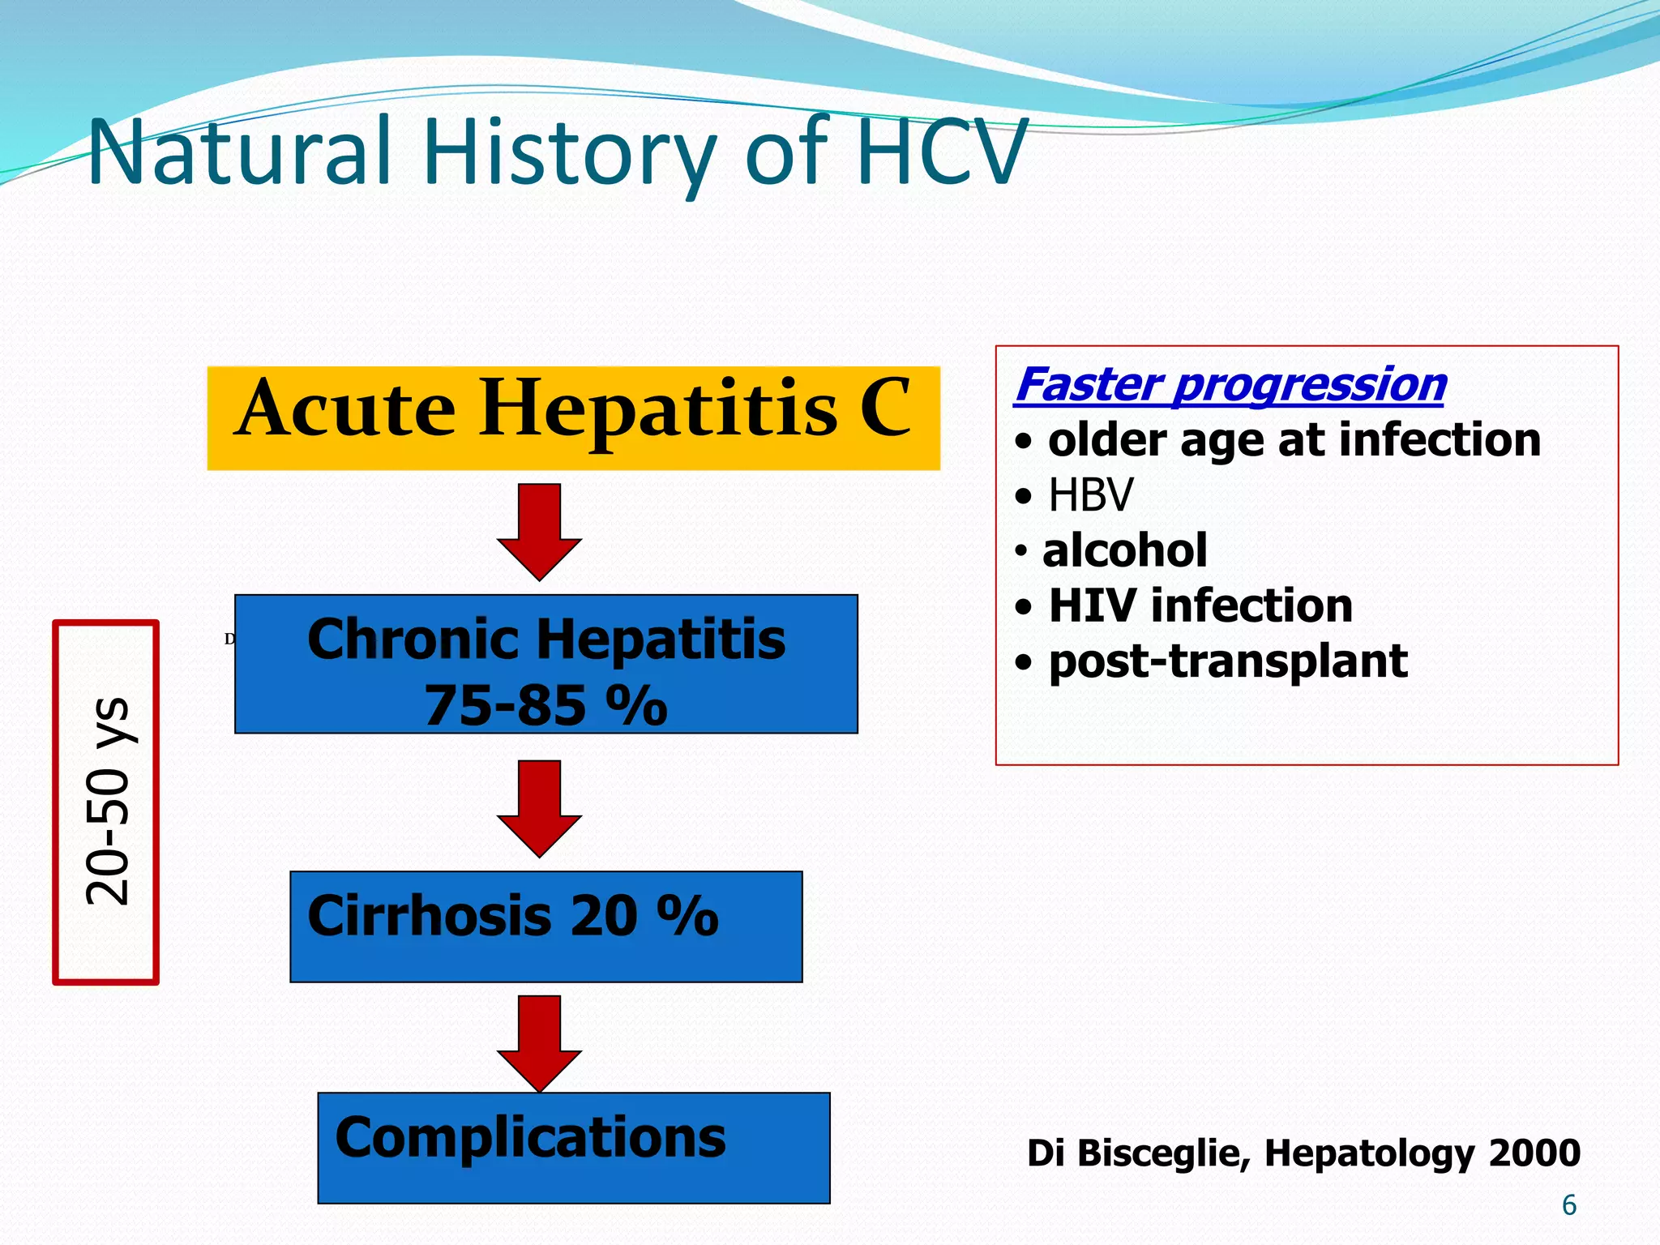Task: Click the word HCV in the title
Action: (x=940, y=152)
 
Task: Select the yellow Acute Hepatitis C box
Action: (x=573, y=417)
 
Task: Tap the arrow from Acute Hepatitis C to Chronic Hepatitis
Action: (x=539, y=532)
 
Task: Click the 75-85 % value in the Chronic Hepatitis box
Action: (x=545, y=705)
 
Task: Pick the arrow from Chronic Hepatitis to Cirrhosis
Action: (x=539, y=808)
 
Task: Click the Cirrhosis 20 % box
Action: (x=545, y=926)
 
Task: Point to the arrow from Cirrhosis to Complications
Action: (x=539, y=1043)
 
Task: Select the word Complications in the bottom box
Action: (x=530, y=1137)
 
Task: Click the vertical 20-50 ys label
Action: (x=106, y=802)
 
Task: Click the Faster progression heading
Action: (x=1230, y=384)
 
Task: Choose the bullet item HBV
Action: (x=1089, y=494)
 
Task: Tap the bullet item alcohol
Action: (x=1124, y=550)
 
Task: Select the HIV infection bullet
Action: (x=1200, y=605)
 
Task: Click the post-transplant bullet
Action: (x=1227, y=661)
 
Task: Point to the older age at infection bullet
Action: (x=1294, y=439)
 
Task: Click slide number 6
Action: (x=1568, y=1205)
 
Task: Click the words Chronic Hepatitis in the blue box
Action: (x=545, y=640)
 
